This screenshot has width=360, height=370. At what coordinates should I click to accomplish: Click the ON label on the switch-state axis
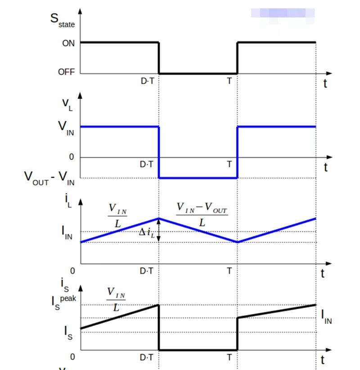(68, 44)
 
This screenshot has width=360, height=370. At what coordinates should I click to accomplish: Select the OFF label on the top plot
(66, 72)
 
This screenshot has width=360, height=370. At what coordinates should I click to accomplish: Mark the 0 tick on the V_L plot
(71, 157)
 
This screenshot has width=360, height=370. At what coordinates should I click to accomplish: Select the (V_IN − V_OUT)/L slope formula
(202, 215)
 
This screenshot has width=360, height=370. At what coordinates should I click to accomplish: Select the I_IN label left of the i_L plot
(67, 233)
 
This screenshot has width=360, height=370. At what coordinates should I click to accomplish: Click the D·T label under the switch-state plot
(147, 81)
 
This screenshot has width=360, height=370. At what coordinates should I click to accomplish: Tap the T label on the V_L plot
(229, 165)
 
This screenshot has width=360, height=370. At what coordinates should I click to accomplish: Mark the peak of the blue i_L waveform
(159, 218)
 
